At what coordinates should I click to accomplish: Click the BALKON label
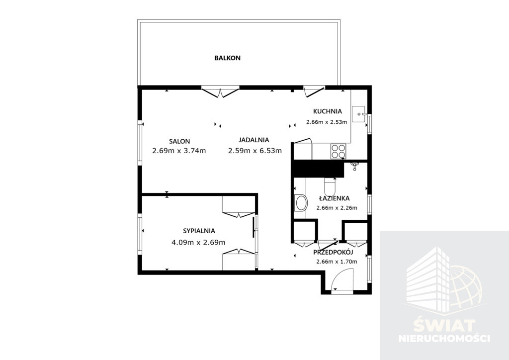227,58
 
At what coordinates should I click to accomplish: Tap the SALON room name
179,142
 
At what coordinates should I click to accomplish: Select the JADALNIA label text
254,140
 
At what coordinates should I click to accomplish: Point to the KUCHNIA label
327,111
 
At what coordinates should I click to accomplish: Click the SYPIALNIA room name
199,231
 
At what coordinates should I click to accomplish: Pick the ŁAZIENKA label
334,198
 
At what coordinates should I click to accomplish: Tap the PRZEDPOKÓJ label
333,252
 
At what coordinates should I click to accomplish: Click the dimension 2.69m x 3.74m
179,151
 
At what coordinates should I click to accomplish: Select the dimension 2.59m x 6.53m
255,151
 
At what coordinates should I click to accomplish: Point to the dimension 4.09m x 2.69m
198,243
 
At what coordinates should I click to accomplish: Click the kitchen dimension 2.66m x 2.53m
327,122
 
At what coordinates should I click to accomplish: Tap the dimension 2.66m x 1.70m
337,262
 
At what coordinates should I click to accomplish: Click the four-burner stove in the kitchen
338,151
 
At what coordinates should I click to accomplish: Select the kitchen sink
359,114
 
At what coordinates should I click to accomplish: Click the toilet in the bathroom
331,186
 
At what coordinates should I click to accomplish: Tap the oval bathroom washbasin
301,203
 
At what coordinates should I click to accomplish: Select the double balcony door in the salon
220,91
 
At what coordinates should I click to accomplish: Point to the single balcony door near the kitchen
314,91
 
